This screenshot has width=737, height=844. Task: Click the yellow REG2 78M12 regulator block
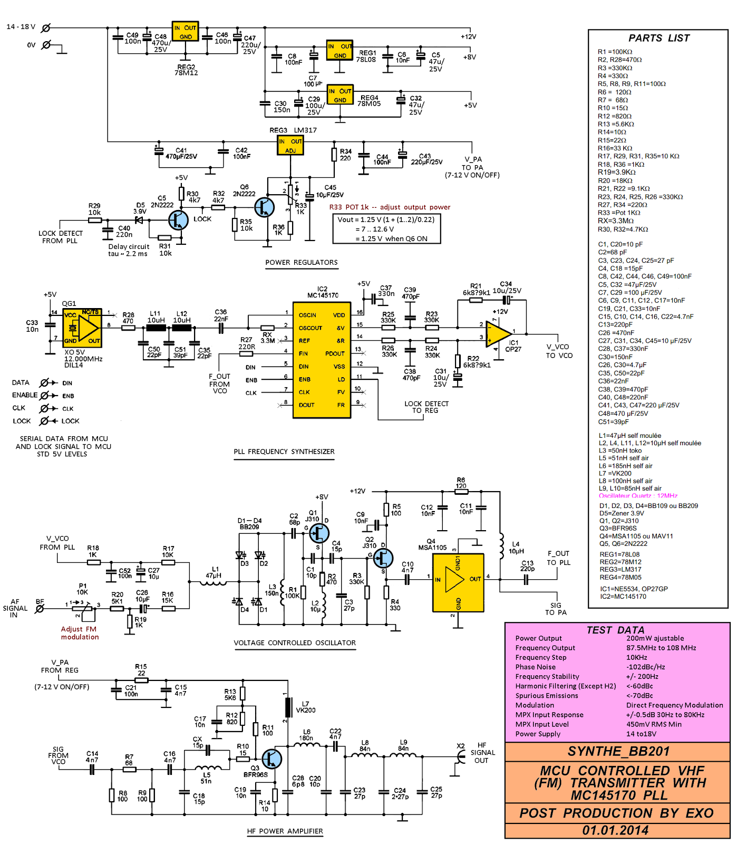[x=185, y=32]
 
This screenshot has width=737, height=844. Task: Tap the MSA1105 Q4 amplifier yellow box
[x=458, y=582]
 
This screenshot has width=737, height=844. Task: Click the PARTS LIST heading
[x=658, y=38]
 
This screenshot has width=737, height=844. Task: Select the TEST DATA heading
[x=615, y=630]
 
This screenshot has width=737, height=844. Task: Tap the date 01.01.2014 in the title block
[x=615, y=830]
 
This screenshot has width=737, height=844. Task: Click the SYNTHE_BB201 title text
[x=618, y=751]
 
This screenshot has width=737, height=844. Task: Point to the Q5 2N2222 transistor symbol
[x=179, y=220]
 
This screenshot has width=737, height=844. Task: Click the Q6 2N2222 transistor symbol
[x=264, y=207]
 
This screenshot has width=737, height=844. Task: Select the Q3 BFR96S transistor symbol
[x=271, y=759]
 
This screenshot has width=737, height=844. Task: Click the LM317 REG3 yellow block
[x=290, y=145]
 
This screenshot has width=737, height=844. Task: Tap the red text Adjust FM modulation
[x=80, y=633]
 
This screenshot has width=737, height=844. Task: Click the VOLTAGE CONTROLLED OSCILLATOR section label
[x=295, y=642]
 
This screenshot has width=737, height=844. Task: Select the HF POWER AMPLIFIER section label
[x=285, y=831]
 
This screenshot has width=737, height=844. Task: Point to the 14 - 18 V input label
[x=21, y=27]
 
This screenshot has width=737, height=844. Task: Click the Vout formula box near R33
[x=386, y=229]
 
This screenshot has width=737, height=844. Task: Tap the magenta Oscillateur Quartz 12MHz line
[x=638, y=496]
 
